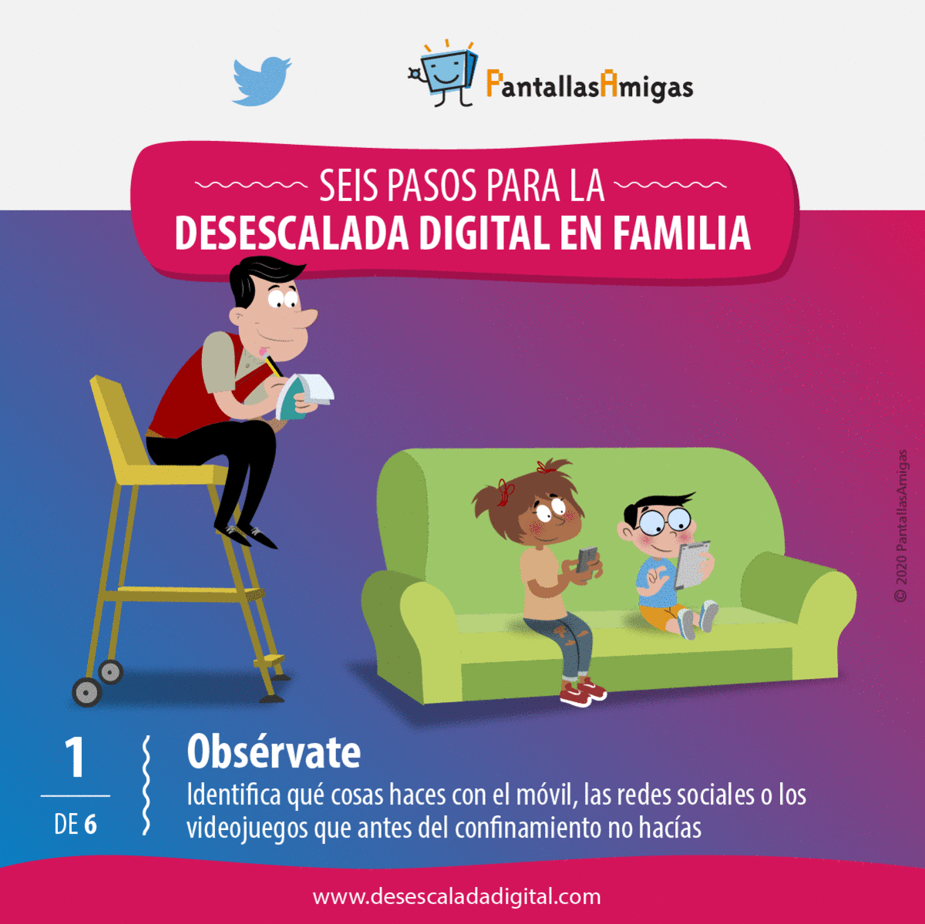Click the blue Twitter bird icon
point(261,81)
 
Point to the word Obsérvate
point(274,752)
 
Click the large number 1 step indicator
point(76,758)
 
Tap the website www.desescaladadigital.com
point(456,896)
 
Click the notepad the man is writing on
point(304,396)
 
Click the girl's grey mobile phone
point(587,559)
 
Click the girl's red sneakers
point(583,692)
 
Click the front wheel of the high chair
point(87,692)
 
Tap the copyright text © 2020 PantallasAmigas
point(900,526)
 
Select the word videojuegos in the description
point(247,829)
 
